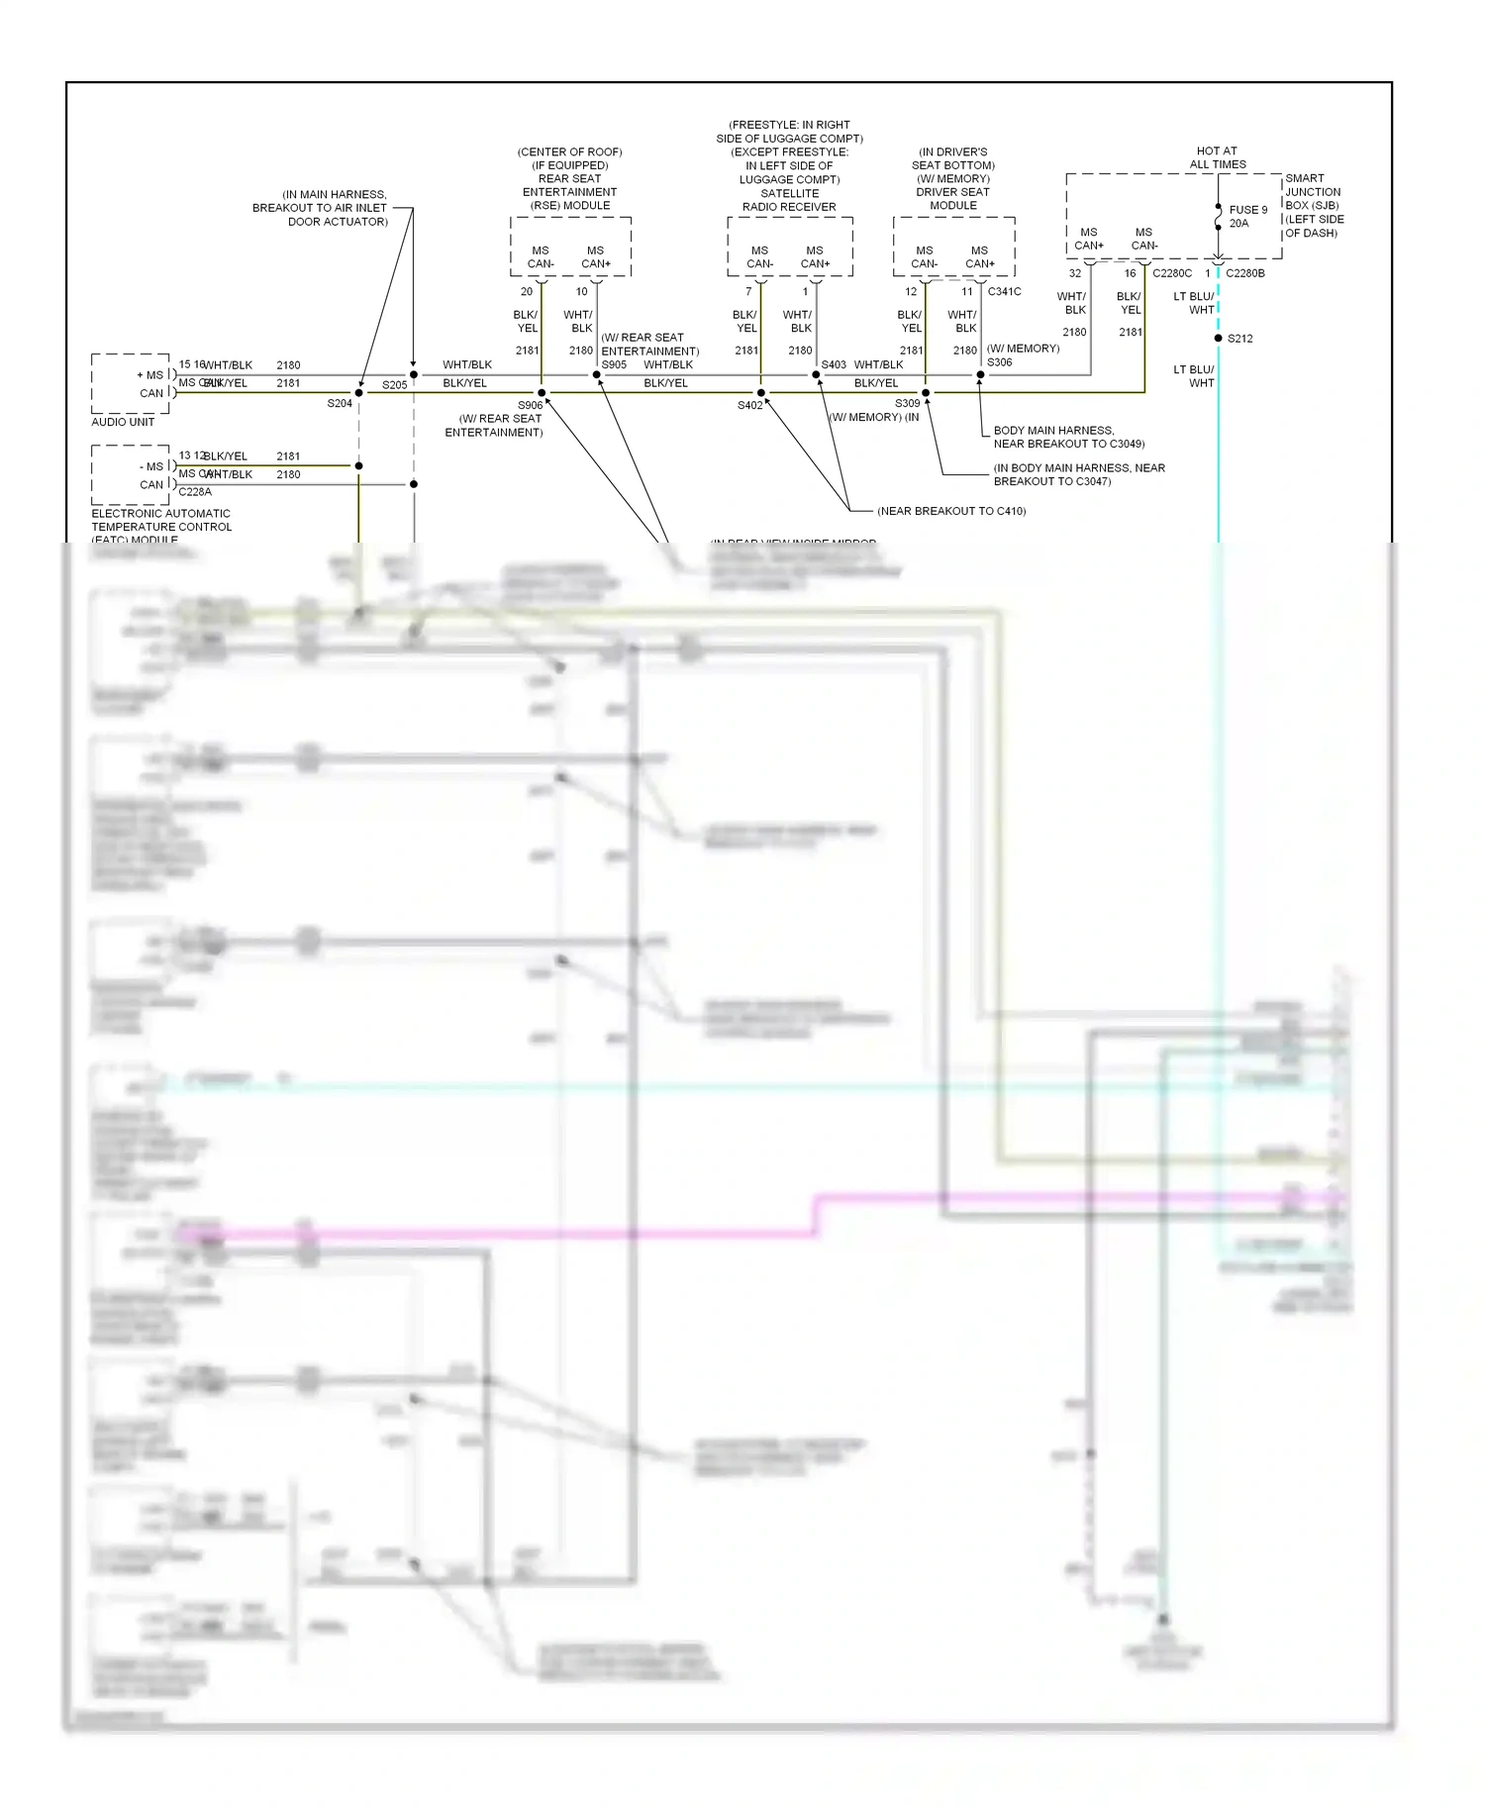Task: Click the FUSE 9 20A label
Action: (1247, 217)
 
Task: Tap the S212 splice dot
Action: (1218, 339)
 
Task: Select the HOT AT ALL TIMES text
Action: (1217, 158)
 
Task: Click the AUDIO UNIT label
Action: (123, 422)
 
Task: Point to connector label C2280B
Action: (1244, 273)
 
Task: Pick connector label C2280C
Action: (1171, 273)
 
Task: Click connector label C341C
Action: (1004, 291)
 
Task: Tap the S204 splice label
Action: (340, 404)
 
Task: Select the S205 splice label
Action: (394, 385)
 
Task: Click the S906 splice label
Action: (530, 405)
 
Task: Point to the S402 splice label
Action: (749, 405)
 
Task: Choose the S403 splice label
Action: (834, 365)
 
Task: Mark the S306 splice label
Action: (999, 362)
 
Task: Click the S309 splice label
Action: (907, 404)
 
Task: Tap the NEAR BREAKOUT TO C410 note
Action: (950, 511)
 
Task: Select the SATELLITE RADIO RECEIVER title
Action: (789, 200)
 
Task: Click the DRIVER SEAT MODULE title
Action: (952, 199)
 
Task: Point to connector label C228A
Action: (195, 492)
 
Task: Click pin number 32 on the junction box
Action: (1074, 273)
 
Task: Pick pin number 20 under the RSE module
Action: (527, 292)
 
